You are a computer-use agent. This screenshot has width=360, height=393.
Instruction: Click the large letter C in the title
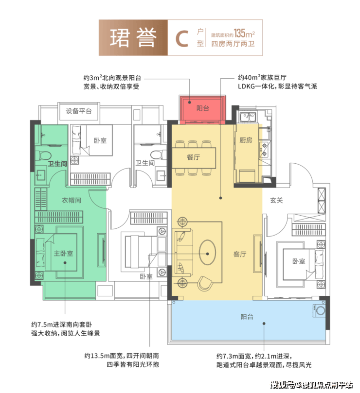[182, 38]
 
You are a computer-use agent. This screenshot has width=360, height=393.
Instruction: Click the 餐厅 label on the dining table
[194, 157]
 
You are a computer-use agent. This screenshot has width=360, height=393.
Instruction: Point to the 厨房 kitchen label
[246, 140]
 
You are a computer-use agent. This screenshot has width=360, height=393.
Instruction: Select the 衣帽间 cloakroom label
[71, 200]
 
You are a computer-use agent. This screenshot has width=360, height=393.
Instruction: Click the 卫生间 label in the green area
[57, 163]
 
